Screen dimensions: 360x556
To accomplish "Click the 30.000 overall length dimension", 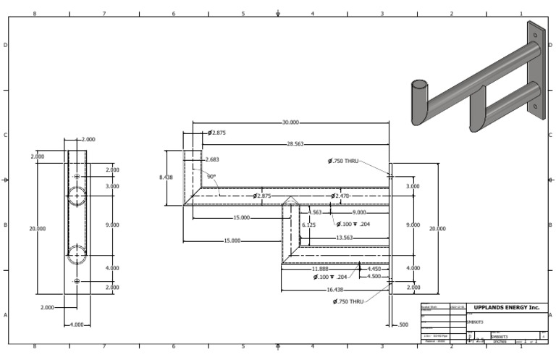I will [290, 123].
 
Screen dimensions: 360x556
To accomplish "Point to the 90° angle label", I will [211, 176].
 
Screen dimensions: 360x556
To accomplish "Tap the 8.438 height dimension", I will [166, 177].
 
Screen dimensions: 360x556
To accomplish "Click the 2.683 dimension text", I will [212, 159].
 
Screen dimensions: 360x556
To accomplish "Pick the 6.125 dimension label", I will [308, 225].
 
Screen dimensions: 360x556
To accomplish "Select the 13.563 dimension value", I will [345, 238].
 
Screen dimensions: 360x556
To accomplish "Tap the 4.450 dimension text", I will [374, 269].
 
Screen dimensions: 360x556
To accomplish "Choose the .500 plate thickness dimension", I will [403, 325].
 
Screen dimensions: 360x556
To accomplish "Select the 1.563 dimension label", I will [315, 212].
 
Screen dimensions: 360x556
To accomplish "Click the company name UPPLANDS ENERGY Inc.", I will [507, 308].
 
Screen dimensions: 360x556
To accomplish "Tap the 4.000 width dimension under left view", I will [75, 325].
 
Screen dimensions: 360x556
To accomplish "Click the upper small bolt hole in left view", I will [77, 176].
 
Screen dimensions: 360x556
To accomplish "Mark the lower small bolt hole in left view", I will [77, 281].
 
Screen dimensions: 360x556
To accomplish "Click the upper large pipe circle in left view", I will [77, 195].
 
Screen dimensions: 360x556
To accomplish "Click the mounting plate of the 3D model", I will [535, 69].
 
